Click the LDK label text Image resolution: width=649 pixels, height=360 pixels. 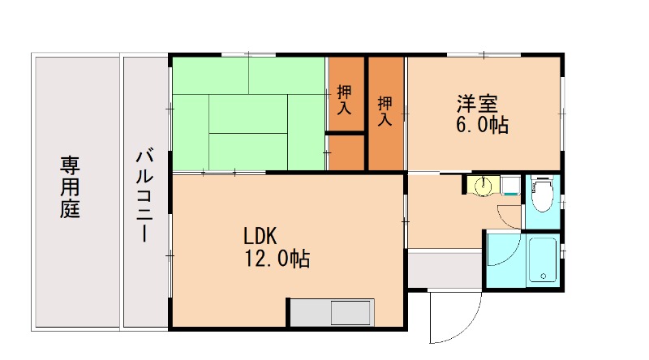tap(261, 236)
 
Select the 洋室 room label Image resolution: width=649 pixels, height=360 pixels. tap(476, 105)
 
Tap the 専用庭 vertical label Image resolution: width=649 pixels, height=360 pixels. tap(71, 187)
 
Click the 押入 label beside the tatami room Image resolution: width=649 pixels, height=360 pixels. tap(345, 99)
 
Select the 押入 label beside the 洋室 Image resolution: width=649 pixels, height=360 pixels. tap(385, 111)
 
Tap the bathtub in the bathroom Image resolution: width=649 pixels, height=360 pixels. tap(542, 260)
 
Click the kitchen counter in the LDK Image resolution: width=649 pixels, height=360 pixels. tap(331, 313)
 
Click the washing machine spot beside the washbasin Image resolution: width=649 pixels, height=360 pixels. tap(509, 186)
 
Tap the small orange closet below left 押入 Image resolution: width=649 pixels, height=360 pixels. tap(346, 152)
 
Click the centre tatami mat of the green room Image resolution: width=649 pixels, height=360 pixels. tap(248, 113)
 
